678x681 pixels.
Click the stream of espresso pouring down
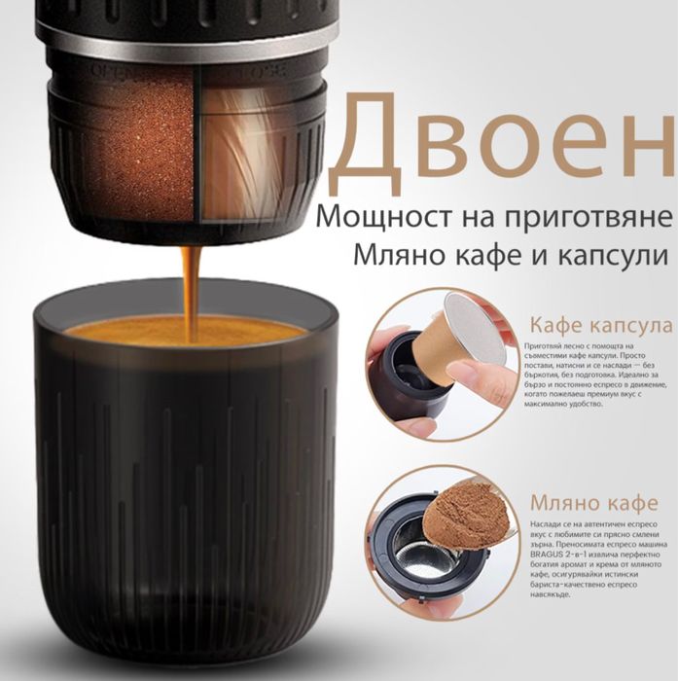coord(190,282)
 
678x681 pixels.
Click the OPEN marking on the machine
coord(108,71)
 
